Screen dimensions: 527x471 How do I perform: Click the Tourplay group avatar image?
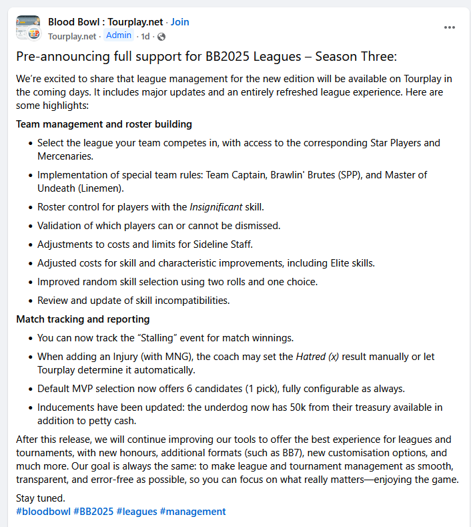28,28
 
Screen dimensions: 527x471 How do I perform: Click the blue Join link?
179,22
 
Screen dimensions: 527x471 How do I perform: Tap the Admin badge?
119,35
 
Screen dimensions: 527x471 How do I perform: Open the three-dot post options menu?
450,27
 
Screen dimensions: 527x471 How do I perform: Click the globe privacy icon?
161,36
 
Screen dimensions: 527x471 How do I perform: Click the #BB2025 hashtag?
93,512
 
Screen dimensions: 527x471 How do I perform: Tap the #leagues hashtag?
137,512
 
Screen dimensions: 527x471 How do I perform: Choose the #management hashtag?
193,512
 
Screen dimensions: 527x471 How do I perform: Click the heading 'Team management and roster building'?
104,124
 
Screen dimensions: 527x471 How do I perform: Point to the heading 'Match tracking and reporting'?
83,319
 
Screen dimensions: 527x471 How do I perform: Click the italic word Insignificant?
216,207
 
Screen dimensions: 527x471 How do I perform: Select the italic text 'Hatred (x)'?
317,357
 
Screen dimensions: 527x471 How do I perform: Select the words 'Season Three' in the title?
361,57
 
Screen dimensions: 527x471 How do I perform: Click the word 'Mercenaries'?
64,156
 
